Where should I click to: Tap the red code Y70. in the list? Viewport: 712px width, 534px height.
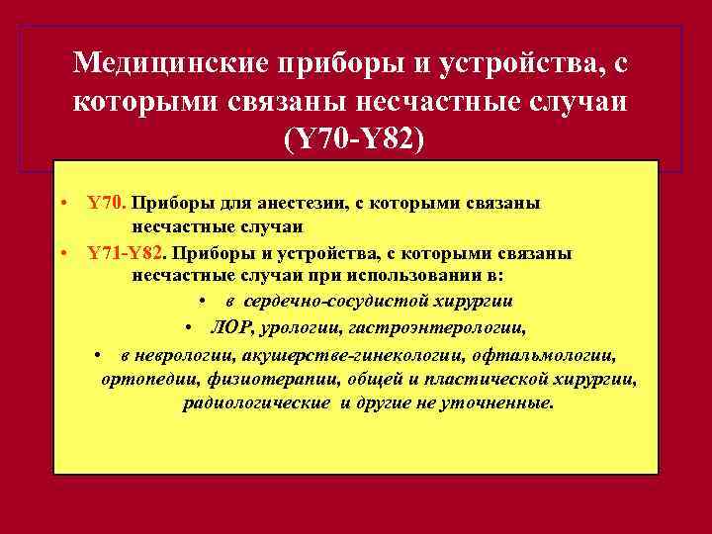pos(106,203)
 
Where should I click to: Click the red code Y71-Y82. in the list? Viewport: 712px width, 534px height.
pos(125,253)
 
